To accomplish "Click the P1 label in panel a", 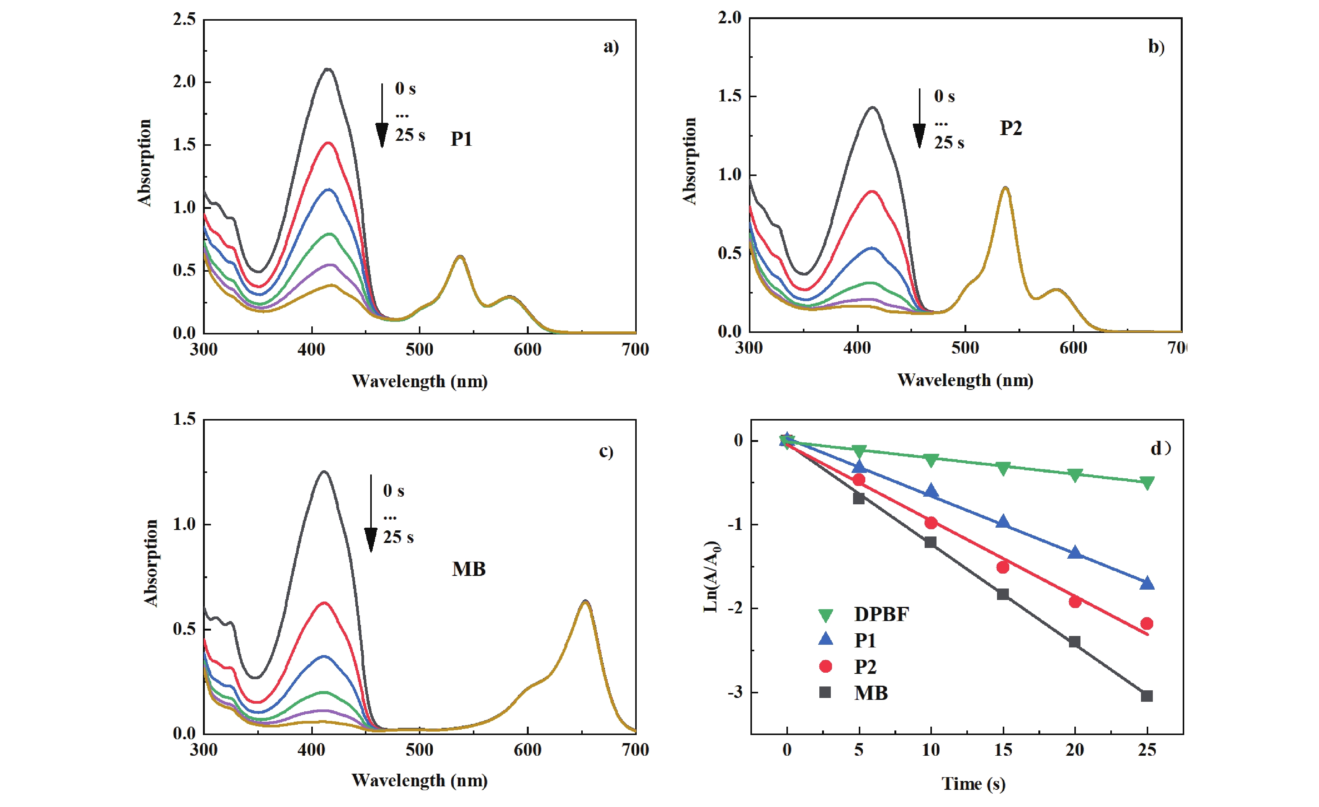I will click(x=461, y=139).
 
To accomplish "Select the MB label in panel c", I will click(x=468, y=569).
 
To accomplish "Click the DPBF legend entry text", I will click(x=881, y=615).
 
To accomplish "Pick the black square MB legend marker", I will click(x=825, y=693).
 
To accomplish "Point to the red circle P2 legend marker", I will click(x=825, y=666).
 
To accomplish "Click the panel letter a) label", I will click(x=611, y=47).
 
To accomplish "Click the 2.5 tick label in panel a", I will click(x=184, y=20).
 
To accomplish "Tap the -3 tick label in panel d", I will click(x=736, y=693).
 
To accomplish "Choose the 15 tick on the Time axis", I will click(x=1003, y=750).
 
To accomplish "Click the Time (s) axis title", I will click(x=973, y=784).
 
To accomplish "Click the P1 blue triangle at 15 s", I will click(x=1003, y=522).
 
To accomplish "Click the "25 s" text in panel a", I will click(x=410, y=135).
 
